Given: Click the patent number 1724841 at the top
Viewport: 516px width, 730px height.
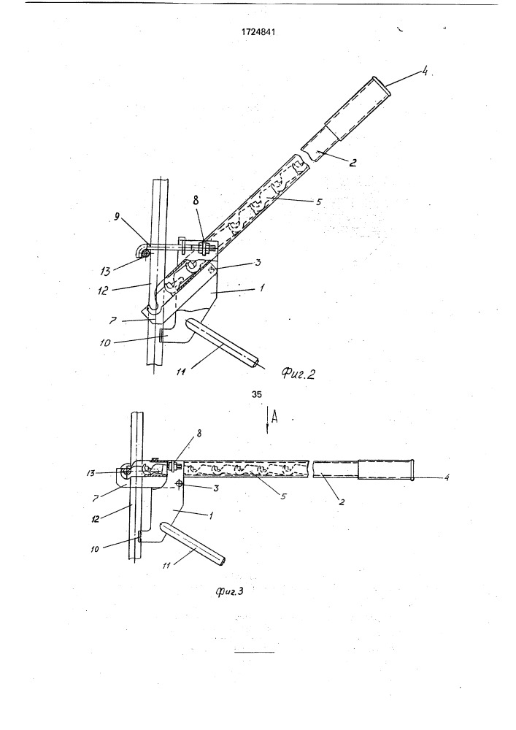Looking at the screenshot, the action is click(258, 33).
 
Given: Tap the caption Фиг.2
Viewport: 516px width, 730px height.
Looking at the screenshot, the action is click(299, 374).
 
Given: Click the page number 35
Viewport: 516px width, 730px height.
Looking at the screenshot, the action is click(256, 394).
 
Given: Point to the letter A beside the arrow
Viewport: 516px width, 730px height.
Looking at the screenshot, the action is click(274, 418).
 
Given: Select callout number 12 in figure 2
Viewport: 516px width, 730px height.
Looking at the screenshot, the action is click(104, 291).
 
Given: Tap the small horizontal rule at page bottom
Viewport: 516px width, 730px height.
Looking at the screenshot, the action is click(255, 652).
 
